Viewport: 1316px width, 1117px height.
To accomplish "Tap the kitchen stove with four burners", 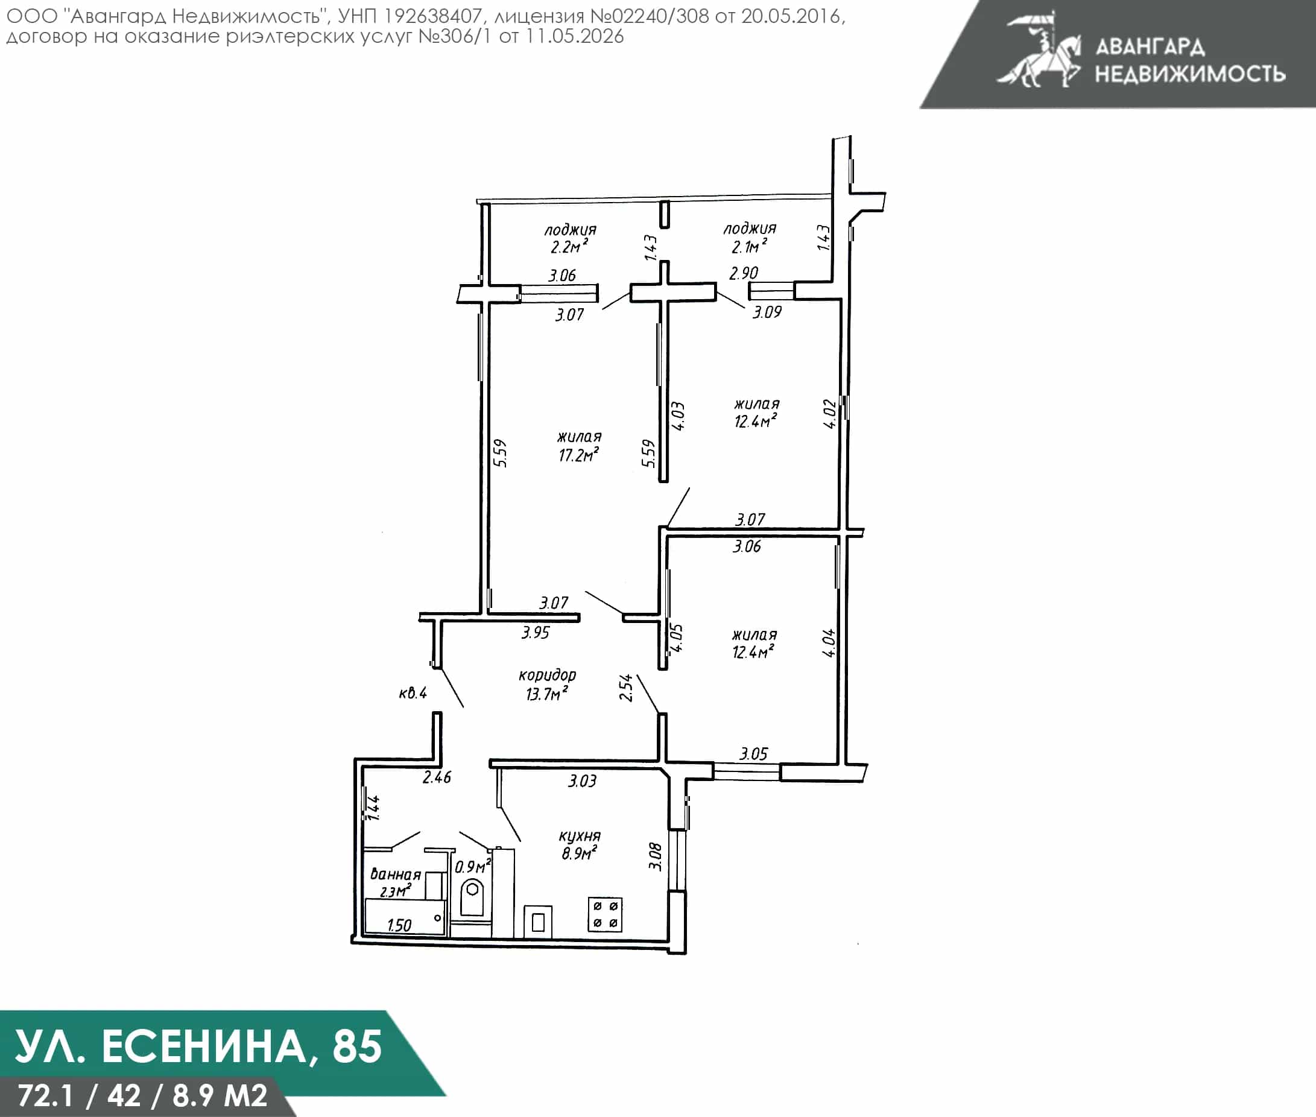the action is pos(605,914).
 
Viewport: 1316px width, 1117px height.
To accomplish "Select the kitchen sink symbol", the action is pos(537,922).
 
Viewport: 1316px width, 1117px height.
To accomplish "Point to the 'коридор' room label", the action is pos(547,675).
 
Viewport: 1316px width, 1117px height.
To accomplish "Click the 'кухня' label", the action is pos(580,836).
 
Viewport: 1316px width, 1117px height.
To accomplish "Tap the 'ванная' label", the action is pos(395,875).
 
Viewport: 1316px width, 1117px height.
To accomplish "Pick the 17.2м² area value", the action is pos(578,455).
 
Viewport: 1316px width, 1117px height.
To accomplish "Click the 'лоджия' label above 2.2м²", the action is pos(570,230).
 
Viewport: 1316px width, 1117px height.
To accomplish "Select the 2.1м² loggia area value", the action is pos(749,245).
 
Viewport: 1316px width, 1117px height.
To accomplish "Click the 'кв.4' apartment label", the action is pos(413,693).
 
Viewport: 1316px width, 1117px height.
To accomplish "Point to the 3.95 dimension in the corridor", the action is pos(535,633).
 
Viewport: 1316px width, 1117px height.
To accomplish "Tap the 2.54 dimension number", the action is pos(625,688).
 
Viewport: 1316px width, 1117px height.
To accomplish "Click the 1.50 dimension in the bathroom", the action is pos(399,925).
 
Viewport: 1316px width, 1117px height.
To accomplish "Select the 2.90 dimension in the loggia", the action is pos(744,273).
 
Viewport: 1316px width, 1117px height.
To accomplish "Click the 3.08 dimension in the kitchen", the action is pos(656,856).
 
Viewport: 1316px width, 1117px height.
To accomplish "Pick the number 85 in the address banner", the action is pos(357,1046).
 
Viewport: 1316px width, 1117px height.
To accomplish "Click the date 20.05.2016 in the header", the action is pos(792,16).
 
